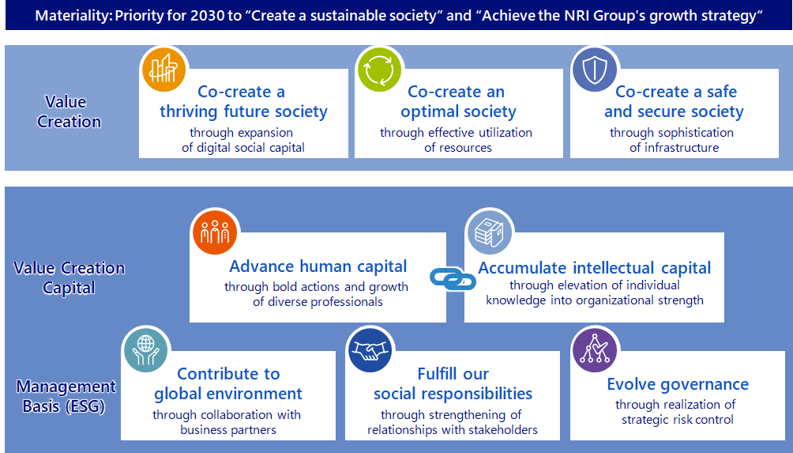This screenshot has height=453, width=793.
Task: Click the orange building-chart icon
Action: [x=163, y=70]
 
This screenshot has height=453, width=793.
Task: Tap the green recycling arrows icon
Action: [x=379, y=70]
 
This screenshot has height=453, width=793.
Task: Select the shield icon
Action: [x=595, y=70]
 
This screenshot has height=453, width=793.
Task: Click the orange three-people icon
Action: [x=215, y=232]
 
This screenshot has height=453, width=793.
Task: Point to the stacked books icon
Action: [x=489, y=232]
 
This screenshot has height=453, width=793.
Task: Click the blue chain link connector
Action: [x=453, y=279]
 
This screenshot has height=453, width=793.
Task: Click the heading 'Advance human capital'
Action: [x=318, y=266]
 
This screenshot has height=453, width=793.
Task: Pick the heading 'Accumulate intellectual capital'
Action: [x=595, y=268]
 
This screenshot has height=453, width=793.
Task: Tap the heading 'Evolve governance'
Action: [x=678, y=384]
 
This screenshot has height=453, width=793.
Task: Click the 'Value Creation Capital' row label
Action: [x=69, y=277]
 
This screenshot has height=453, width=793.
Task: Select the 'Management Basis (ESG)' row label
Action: [x=66, y=396]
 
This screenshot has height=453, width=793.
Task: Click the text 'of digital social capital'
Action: [x=243, y=147]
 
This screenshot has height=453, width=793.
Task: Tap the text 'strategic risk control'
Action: [x=678, y=420]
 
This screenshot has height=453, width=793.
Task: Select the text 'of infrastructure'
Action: [x=675, y=147]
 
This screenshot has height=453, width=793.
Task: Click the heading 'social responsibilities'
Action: [x=453, y=393]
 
